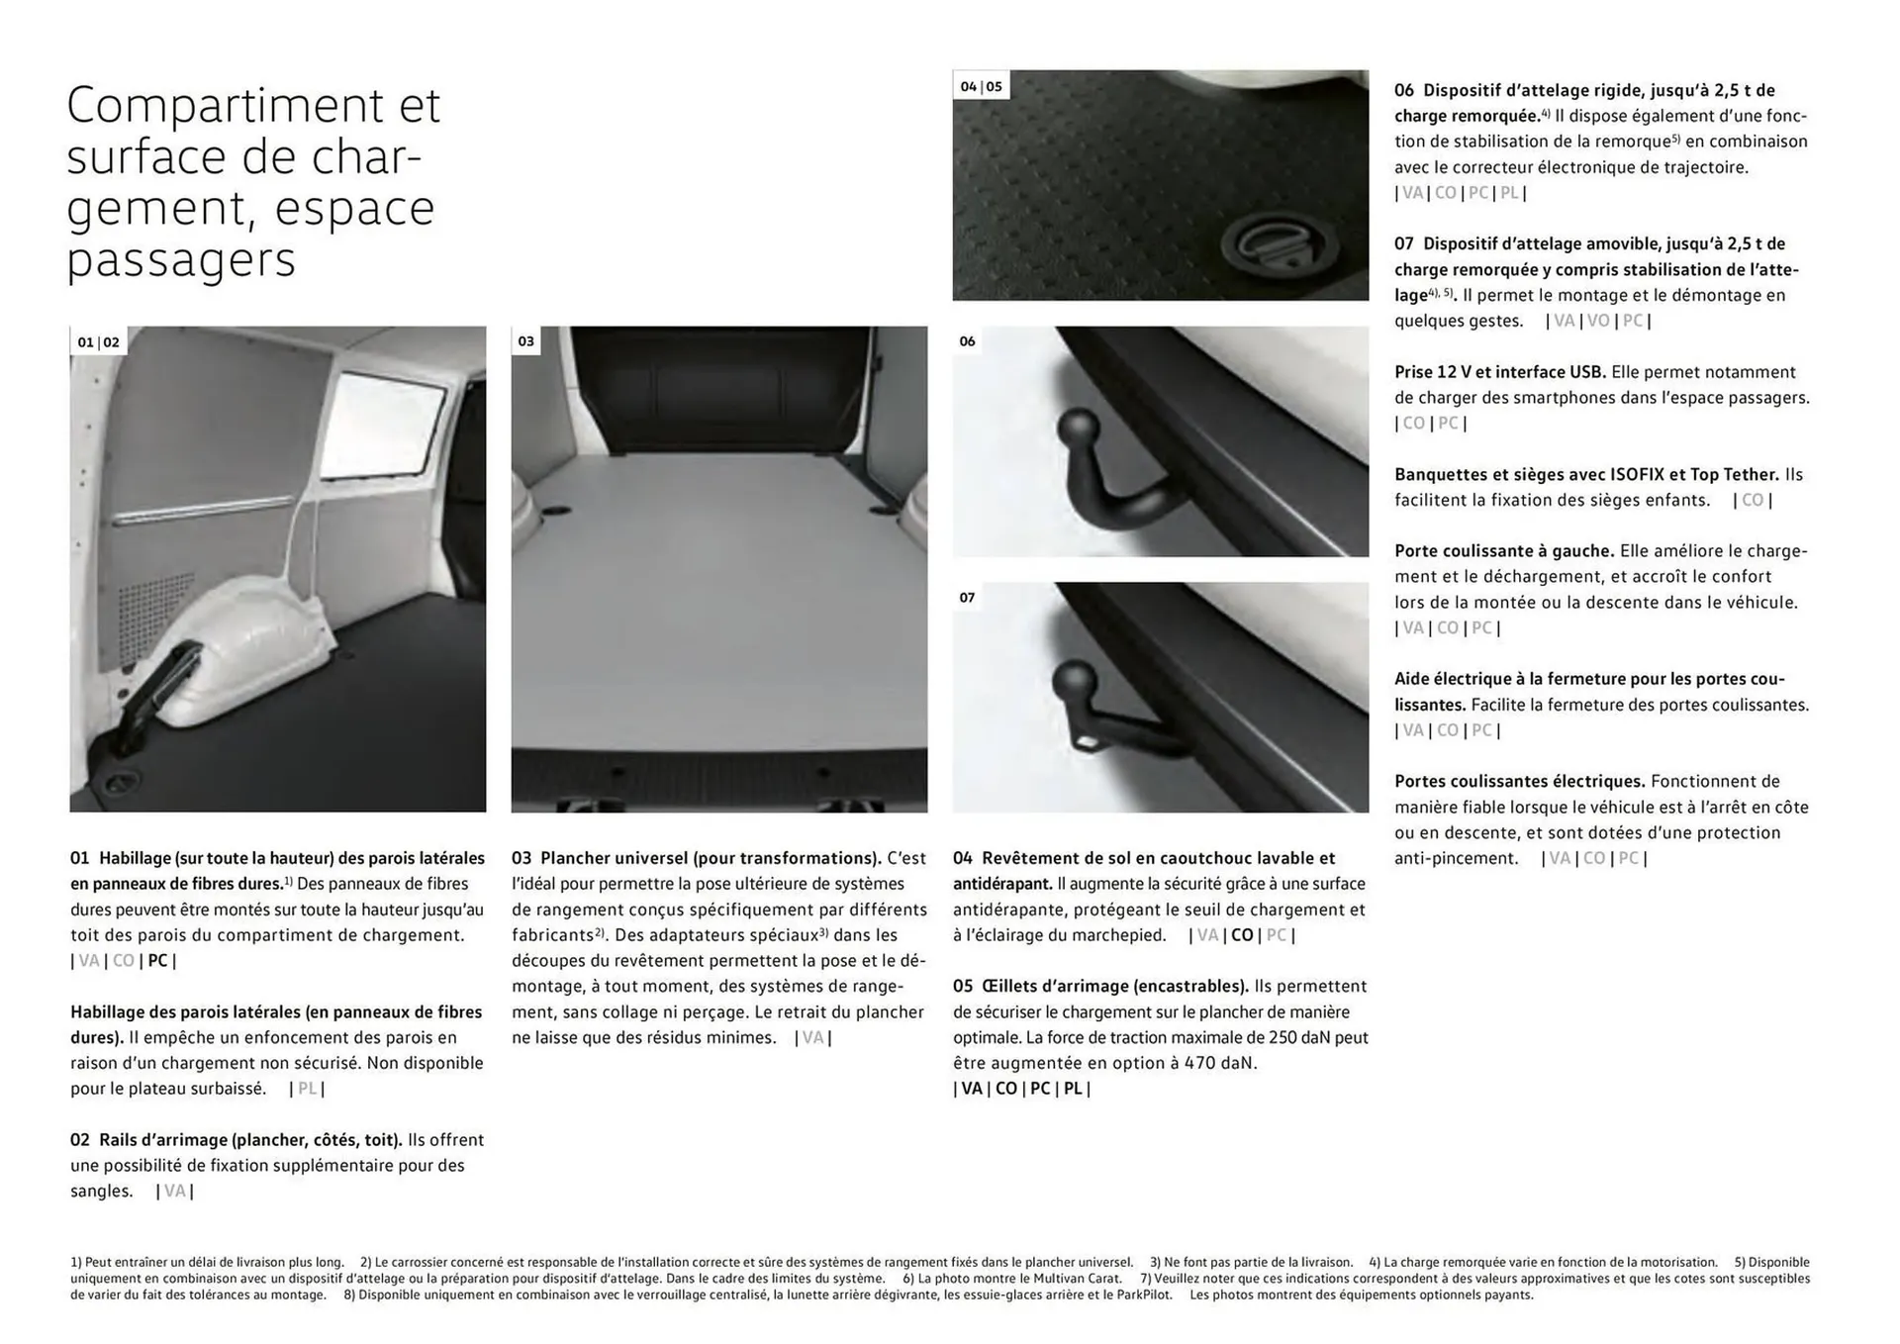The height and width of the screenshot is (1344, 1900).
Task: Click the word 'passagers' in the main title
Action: (181, 261)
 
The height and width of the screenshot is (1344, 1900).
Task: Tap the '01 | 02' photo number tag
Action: (98, 342)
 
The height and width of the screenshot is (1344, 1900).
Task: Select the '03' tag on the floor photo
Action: (525, 341)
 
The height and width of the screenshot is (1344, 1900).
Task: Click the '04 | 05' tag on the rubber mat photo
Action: (981, 86)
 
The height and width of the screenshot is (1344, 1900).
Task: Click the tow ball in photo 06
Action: (1080, 432)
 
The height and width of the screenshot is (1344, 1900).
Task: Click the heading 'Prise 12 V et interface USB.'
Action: (1500, 372)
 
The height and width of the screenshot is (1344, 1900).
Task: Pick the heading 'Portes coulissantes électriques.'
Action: (1519, 781)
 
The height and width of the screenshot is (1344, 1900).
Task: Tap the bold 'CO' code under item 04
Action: (1242, 935)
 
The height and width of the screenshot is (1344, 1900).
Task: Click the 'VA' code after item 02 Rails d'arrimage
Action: (174, 1191)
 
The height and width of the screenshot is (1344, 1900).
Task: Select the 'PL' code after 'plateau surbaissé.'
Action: (308, 1089)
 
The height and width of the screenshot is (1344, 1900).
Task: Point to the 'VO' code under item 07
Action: (1598, 321)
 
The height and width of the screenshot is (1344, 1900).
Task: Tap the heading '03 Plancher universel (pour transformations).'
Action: (697, 858)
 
